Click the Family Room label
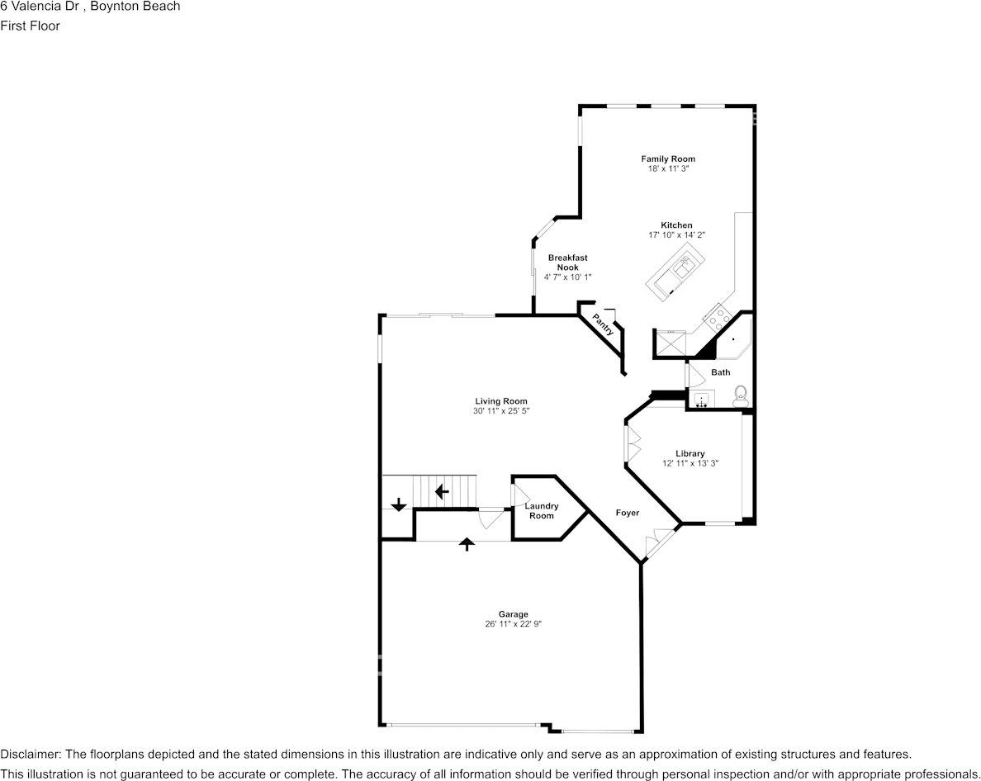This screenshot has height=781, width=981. [x=668, y=159]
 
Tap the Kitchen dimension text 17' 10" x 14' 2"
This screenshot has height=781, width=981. [x=676, y=235]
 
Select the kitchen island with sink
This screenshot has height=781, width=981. [x=680, y=272]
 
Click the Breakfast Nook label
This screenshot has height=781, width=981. [x=567, y=263]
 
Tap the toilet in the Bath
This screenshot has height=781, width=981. [x=740, y=395]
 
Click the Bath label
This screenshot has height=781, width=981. [x=721, y=372]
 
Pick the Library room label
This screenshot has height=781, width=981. [x=690, y=453]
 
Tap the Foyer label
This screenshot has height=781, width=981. [x=627, y=513]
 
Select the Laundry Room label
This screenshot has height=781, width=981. [x=542, y=511]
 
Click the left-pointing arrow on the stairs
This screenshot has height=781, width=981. [x=442, y=492]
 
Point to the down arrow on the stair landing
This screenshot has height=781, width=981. [x=399, y=504]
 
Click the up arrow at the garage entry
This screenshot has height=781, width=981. [x=467, y=543]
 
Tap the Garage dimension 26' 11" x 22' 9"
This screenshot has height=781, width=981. [x=513, y=624]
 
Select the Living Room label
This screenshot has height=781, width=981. [x=500, y=401]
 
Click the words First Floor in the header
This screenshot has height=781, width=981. [x=31, y=26]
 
